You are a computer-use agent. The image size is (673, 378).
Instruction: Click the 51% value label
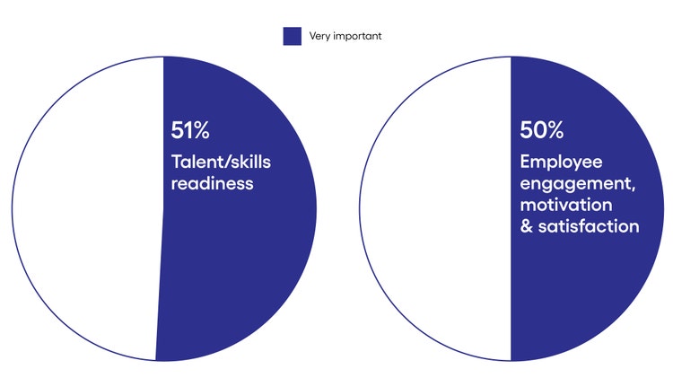pyautogui.click(x=190, y=130)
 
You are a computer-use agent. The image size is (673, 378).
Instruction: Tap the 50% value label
pyautogui.click(x=542, y=130)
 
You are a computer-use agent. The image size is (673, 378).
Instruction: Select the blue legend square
pyautogui.click(x=292, y=36)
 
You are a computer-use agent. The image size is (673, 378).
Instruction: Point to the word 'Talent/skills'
pyautogui.click(x=221, y=163)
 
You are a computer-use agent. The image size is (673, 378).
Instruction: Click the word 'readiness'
pyautogui.click(x=209, y=184)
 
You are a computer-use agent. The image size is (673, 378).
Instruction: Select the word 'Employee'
pyautogui.click(x=561, y=162)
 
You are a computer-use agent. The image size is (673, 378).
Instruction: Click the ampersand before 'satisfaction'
pyautogui.click(x=527, y=226)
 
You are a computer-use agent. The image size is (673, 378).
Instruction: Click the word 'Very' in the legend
pyautogui.click(x=319, y=36)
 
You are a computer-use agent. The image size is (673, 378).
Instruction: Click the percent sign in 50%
pyautogui.click(x=554, y=130)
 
